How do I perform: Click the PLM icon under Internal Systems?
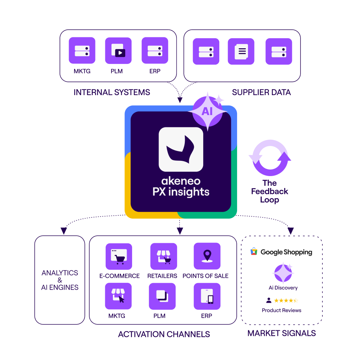pos(118,50)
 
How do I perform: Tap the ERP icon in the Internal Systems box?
pos(155,50)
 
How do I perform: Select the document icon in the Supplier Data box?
pos(241,51)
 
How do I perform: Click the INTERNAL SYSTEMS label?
pos(112,92)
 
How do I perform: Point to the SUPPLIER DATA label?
pos(261,92)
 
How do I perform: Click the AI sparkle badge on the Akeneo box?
pos(207,111)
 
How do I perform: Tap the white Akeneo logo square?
pos(181,149)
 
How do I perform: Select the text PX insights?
pos(181,192)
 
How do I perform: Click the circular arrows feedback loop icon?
pos(270,158)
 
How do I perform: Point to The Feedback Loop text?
pos(270,191)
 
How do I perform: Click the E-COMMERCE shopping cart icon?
pos(119,256)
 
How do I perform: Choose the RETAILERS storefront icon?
pos(164,256)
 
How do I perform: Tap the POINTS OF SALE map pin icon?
pos(207,256)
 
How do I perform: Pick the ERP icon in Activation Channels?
pos(207,296)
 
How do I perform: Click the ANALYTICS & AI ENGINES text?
pos(60,280)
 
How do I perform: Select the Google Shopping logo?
pos(281,252)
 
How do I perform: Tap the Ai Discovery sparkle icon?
pos(282,273)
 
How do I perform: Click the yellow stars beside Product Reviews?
pos(286,301)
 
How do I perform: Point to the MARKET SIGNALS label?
pos(282,333)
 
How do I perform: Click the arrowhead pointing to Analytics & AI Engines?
pos(64,231)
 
